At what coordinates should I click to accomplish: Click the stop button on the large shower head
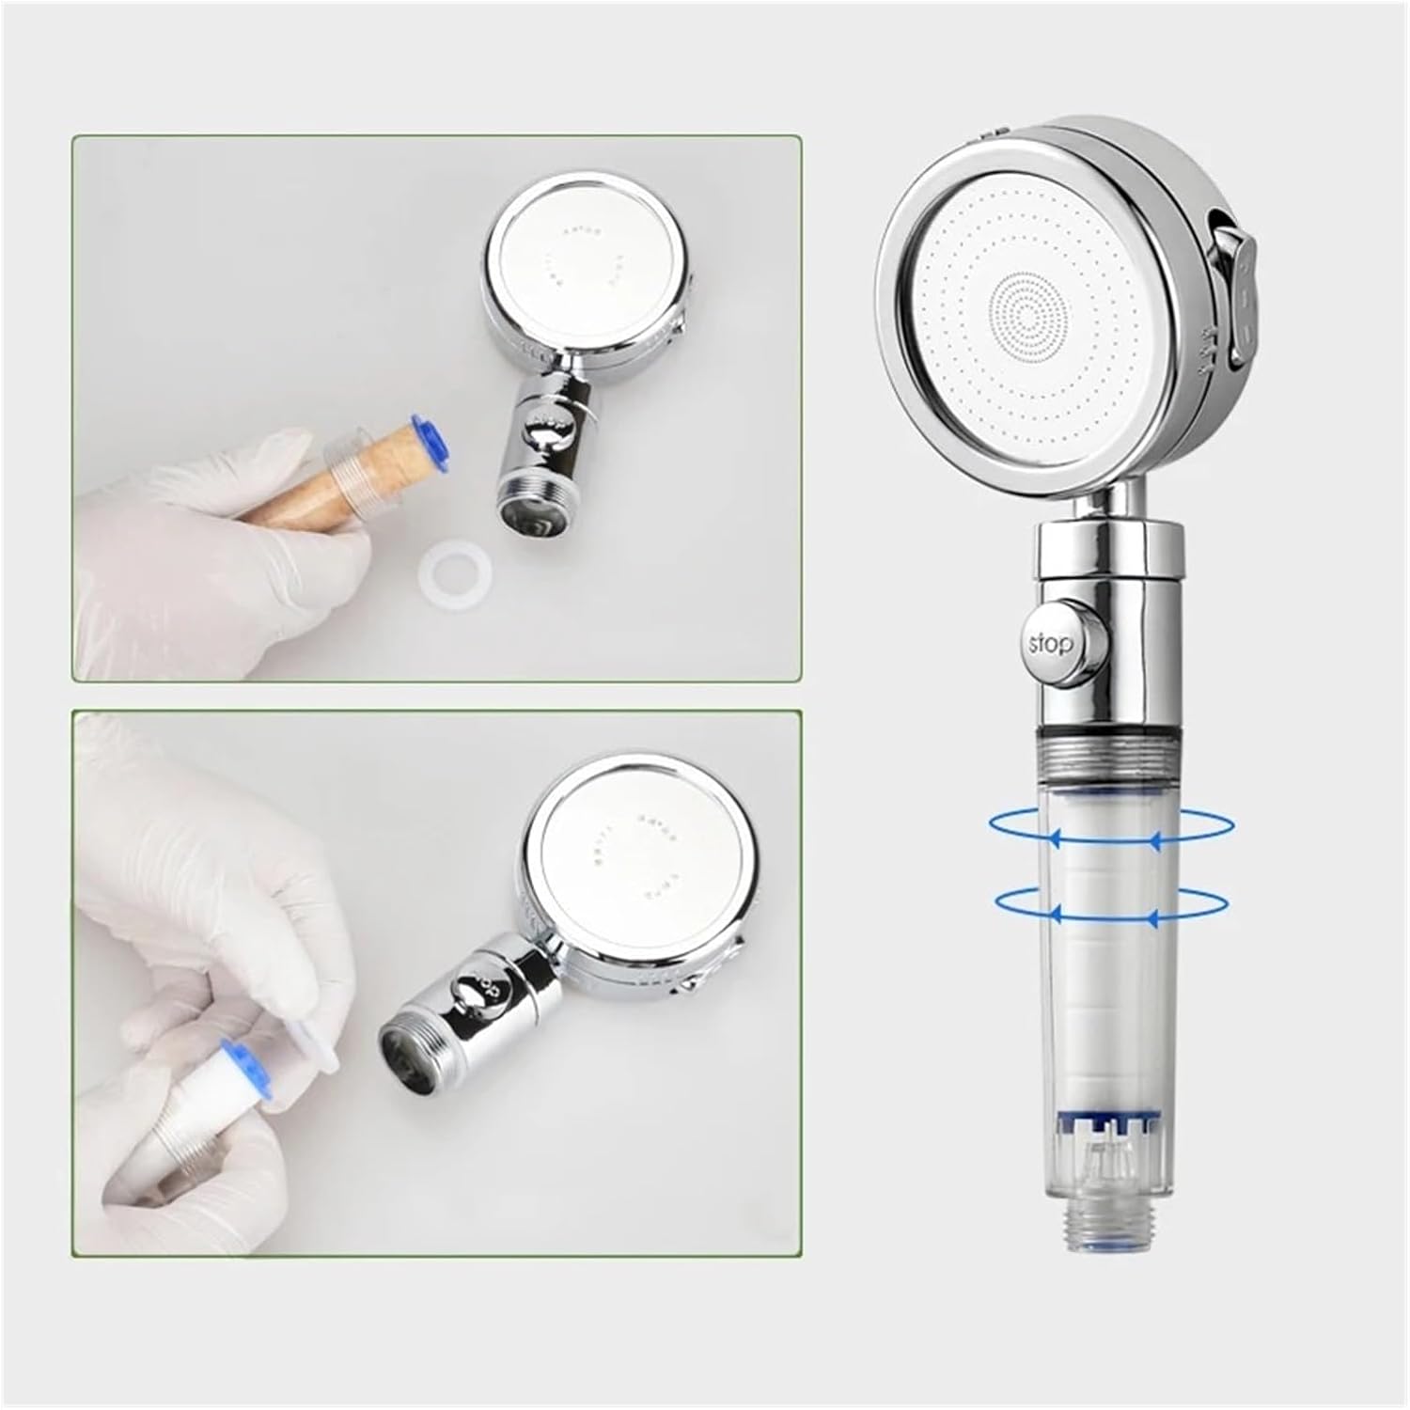coord(1050,645)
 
